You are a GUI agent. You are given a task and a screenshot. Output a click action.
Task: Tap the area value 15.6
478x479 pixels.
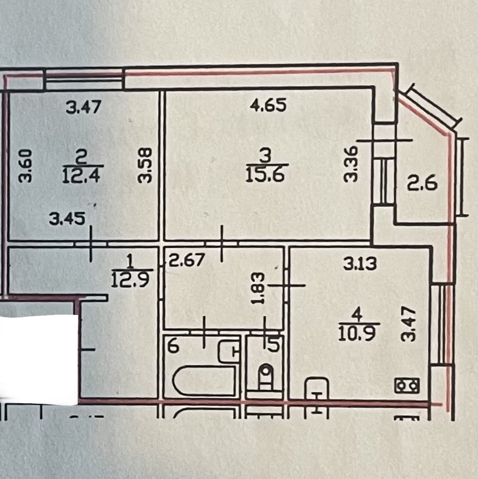[x=267, y=175]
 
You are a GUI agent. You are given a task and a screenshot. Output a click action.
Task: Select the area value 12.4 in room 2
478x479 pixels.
[x=83, y=175]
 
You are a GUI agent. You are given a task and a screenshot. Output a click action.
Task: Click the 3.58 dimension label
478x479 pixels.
[x=146, y=165]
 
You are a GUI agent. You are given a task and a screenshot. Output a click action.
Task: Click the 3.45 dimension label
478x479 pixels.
[x=67, y=219]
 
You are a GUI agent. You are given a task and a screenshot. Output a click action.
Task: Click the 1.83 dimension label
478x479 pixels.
[x=259, y=289]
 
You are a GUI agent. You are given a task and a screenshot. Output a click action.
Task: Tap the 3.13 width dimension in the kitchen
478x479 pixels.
[x=360, y=264]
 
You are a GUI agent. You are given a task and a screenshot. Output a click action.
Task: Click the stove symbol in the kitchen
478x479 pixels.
[x=407, y=385]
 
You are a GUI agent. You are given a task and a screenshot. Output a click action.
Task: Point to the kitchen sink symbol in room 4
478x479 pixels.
[x=317, y=388]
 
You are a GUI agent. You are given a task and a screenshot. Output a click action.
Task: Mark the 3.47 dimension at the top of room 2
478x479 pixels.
[x=83, y=108]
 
